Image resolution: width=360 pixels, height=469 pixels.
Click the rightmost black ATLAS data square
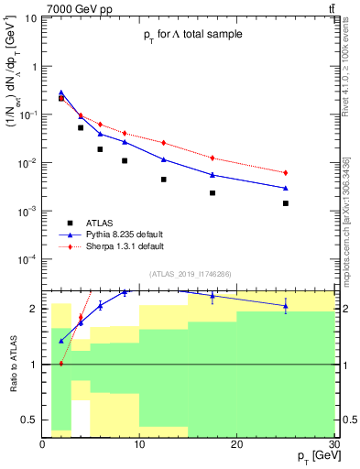(286, 203)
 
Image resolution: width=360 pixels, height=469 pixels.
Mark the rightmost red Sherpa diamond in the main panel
(286, 173)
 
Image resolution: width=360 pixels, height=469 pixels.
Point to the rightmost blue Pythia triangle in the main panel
(286, 188)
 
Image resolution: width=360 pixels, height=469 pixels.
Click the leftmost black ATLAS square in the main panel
(61, 98)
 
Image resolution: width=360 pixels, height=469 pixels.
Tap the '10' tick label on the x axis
(139, 444)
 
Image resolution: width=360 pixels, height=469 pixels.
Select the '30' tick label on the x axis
(333, 444)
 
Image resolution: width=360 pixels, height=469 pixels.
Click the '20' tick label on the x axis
(236, 444)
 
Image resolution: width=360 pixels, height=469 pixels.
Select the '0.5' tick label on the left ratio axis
(31, 420)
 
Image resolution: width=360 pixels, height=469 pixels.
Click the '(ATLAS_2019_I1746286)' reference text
(192, 274)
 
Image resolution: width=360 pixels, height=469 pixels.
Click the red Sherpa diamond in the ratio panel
(61, 364)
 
